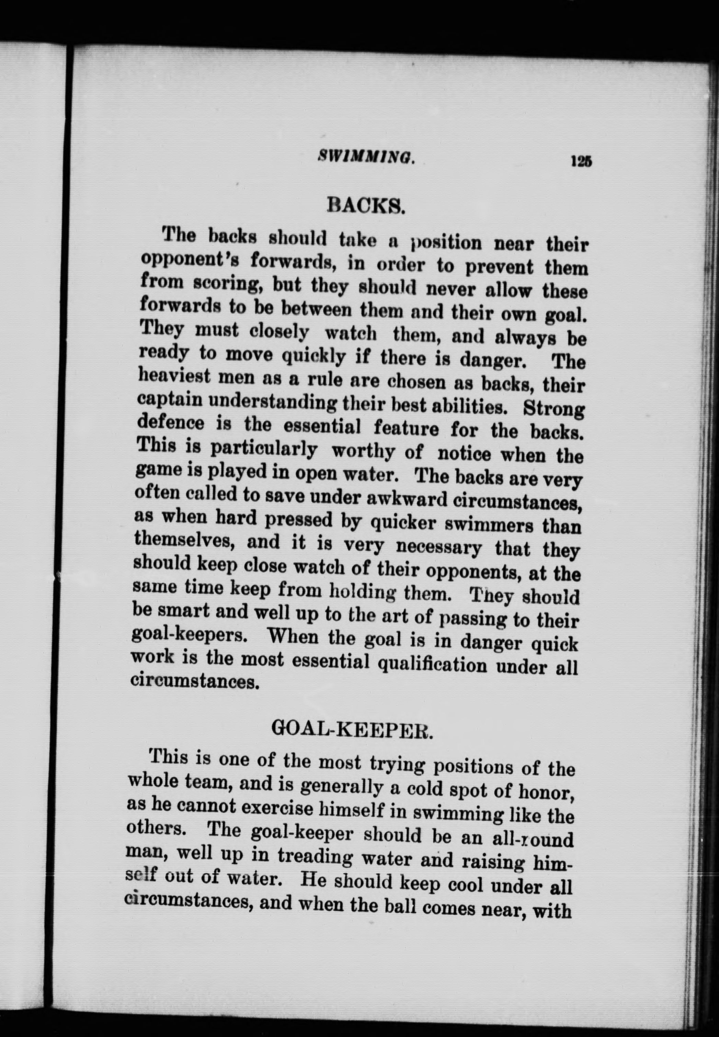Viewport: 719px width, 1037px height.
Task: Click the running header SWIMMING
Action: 366,157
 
